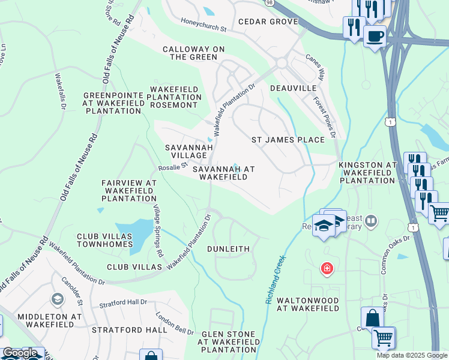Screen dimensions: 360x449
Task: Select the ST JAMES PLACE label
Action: click(288, 140)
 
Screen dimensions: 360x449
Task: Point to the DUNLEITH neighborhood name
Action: click(228, 248)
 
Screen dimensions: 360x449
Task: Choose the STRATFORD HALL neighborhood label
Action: click(125, 330)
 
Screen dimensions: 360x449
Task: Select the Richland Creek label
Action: click(276, 280)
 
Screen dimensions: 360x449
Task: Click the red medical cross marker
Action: click(327, 268)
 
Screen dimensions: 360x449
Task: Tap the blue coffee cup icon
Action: click(375, 36)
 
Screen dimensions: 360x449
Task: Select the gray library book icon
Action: click(371, 221)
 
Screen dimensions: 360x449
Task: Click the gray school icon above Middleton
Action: click(57, 299)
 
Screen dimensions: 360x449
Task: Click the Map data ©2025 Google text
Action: click(412, 355)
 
